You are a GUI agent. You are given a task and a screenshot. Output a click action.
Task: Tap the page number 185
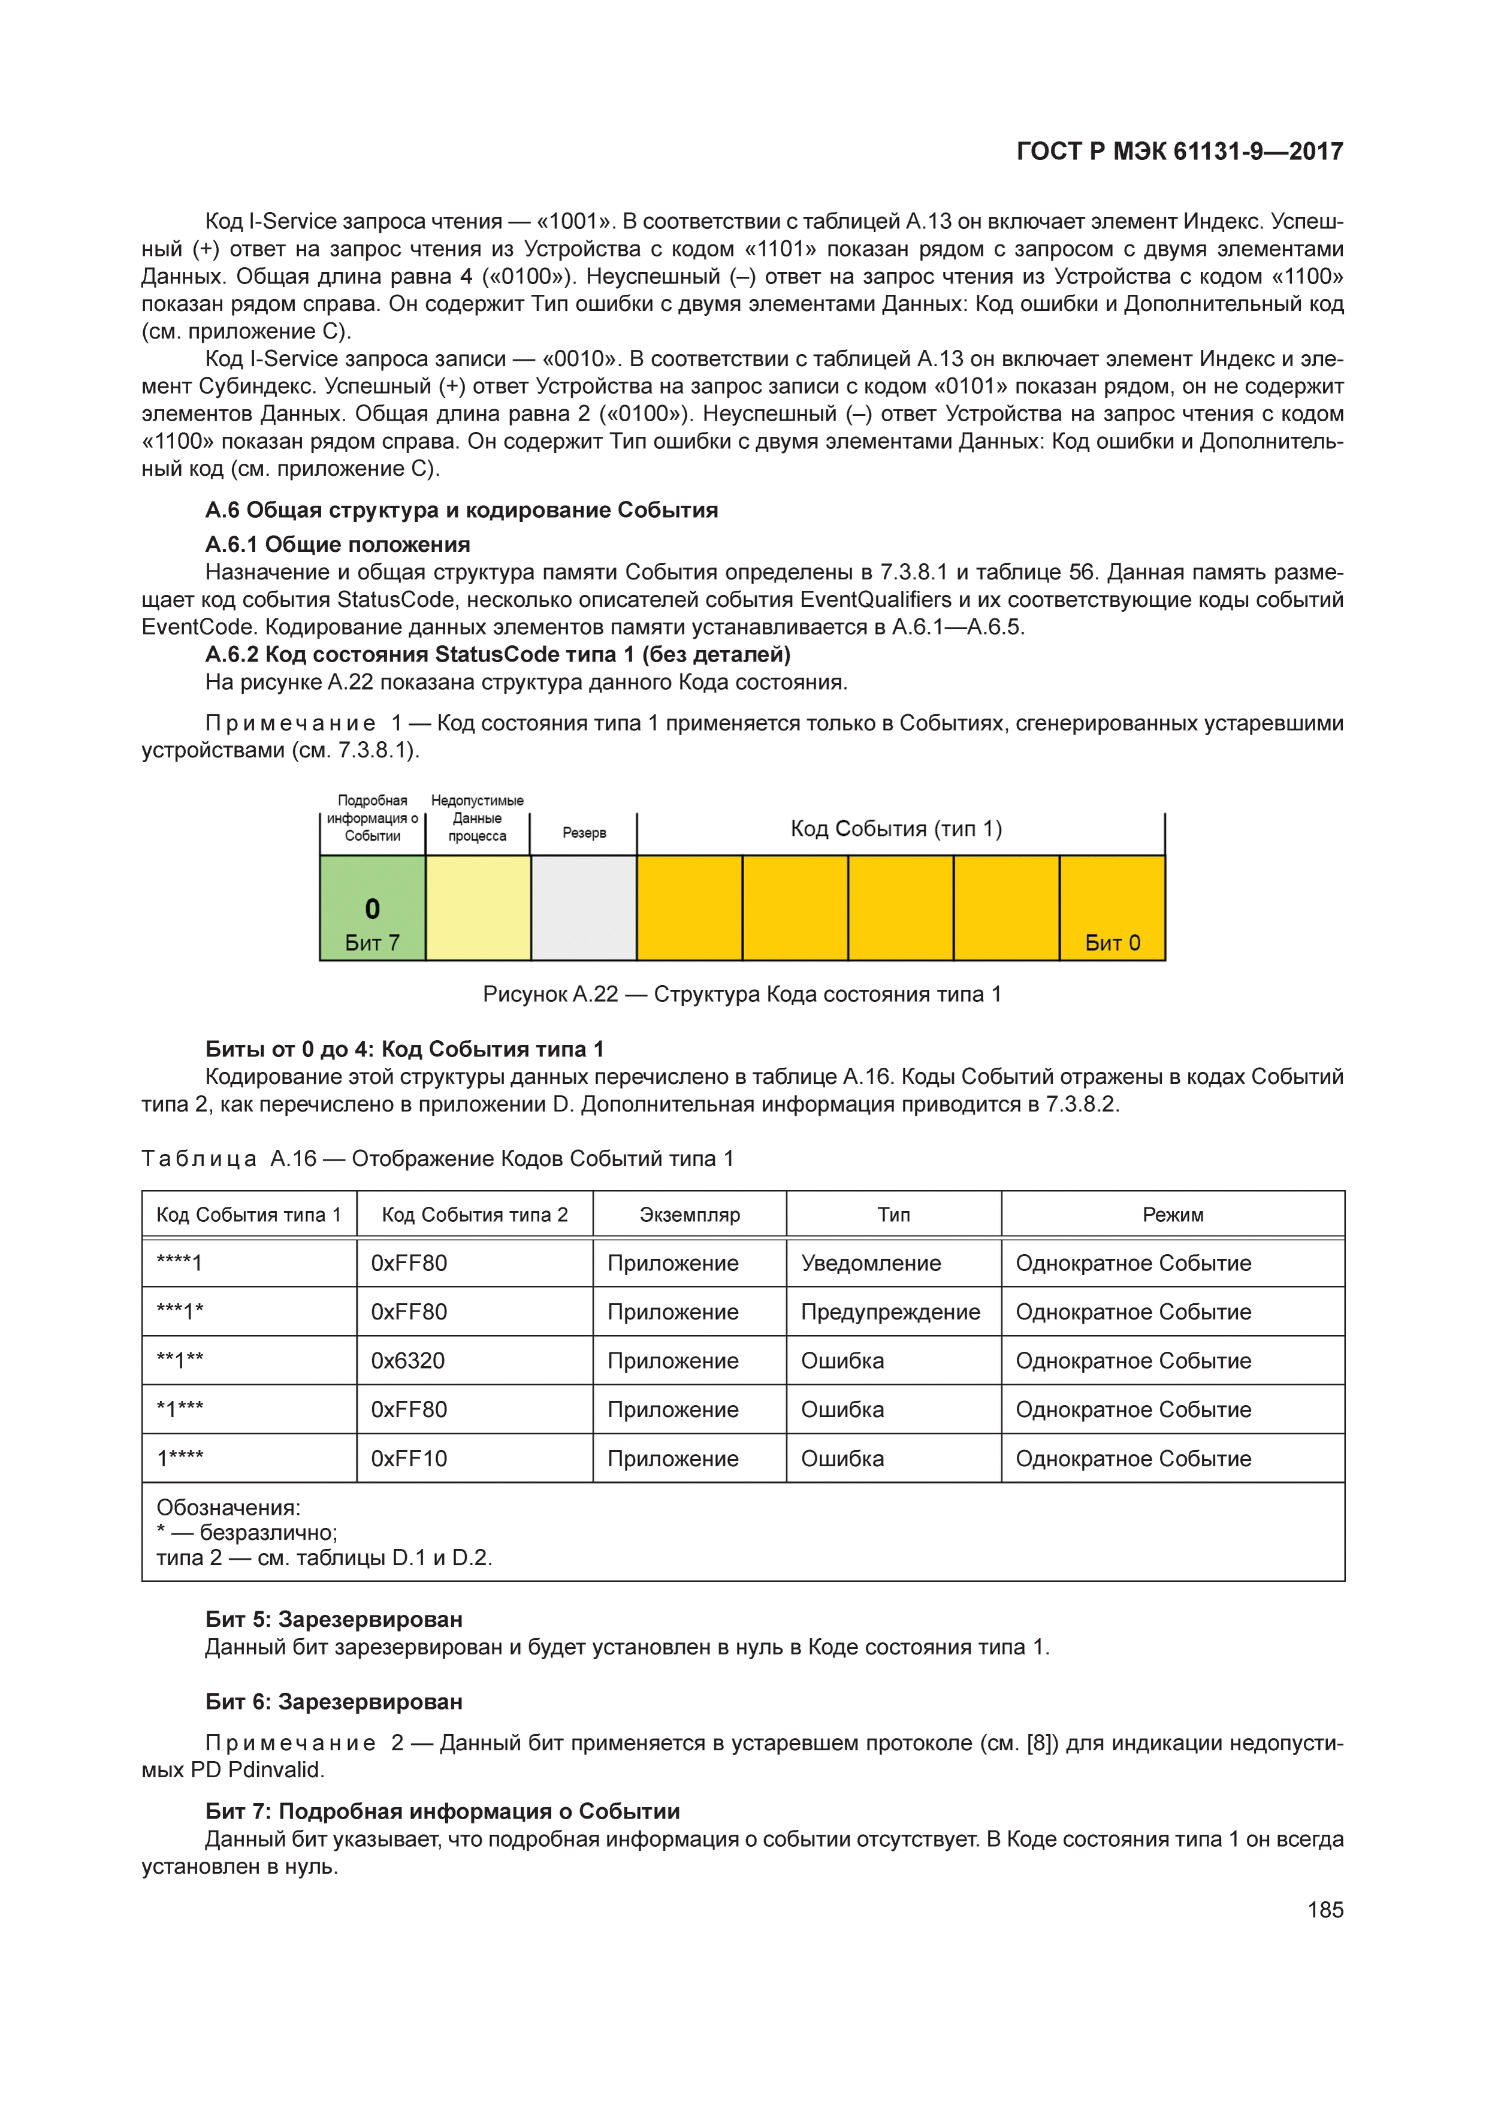point(1325,1910)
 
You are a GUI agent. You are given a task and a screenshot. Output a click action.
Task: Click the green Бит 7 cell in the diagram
point(373,908)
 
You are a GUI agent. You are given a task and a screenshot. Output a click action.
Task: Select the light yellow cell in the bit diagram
point(478,908)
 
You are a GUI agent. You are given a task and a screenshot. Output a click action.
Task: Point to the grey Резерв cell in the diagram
point(584,908)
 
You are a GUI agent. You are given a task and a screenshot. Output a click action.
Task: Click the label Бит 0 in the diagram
point(1113,943)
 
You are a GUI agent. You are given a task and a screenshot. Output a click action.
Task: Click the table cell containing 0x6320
point(409,1361)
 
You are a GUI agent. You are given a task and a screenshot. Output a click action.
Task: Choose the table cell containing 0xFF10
point(409,1459)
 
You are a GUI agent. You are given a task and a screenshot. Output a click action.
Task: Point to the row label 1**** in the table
point(180,1459)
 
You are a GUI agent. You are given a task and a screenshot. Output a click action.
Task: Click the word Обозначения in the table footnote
point(228,1508)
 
